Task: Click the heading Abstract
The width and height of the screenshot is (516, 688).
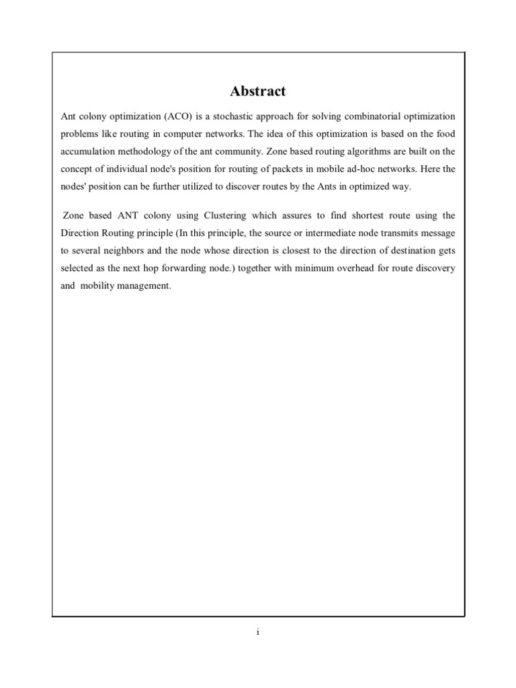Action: (258, 91)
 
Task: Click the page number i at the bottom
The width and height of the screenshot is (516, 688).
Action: (258, 632)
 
